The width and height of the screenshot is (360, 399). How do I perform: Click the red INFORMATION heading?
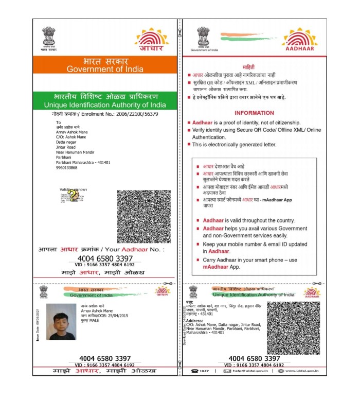pos(254,113)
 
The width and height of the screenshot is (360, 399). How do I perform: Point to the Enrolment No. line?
pos(105,114)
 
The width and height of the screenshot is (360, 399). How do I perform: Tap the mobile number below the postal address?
pos(67,167)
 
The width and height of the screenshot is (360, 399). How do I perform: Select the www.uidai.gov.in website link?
pos(304,371)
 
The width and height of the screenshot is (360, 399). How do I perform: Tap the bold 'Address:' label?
pos(198,320)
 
